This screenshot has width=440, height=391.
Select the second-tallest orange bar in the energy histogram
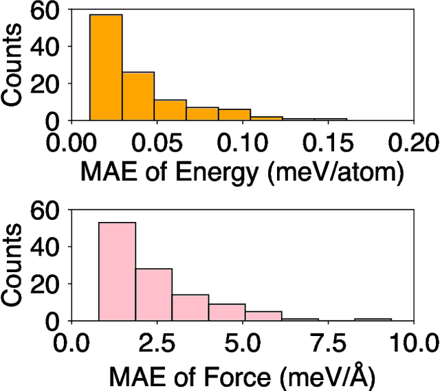point(138,96)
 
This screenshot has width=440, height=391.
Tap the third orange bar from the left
point(170,110)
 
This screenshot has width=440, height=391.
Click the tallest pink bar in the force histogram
point(117,271)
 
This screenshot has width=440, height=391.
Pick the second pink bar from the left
point(153,294)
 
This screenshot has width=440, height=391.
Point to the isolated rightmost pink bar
point(373,319)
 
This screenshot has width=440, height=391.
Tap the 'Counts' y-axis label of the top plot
point(15,67)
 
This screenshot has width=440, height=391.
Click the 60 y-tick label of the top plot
point(47,11)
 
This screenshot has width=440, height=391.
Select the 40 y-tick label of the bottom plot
point(47,246)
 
